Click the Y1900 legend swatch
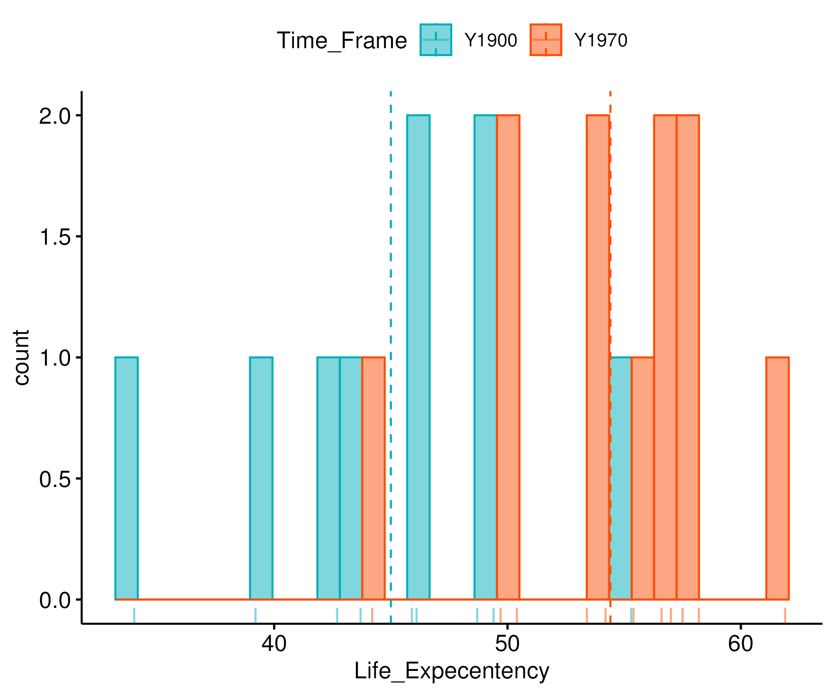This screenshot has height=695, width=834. point(436,40)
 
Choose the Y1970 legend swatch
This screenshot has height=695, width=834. point(546,40)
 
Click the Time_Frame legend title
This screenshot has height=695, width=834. point(341,41)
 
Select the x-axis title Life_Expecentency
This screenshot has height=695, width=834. point(452,671)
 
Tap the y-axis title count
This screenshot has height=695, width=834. point(21,357)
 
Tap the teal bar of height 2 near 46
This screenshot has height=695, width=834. point(418,357)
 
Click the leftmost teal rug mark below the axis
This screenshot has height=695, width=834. point(134,615)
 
